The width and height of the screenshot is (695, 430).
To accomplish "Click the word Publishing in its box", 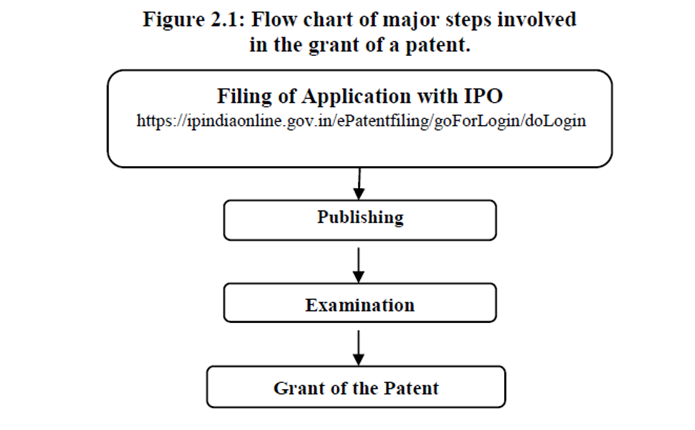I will tap(360, 218).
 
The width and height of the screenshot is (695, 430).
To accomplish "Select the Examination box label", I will tap(360, 305).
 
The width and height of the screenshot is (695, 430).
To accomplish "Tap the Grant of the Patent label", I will tap(356, 388).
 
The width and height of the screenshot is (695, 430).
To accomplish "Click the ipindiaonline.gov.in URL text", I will tap(361, 121).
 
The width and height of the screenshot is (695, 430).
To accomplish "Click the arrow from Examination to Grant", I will tap(358, 348).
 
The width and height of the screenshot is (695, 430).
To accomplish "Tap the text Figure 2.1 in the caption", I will tap(194, 20).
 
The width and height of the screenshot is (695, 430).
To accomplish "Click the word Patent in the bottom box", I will tap(408, 388).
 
